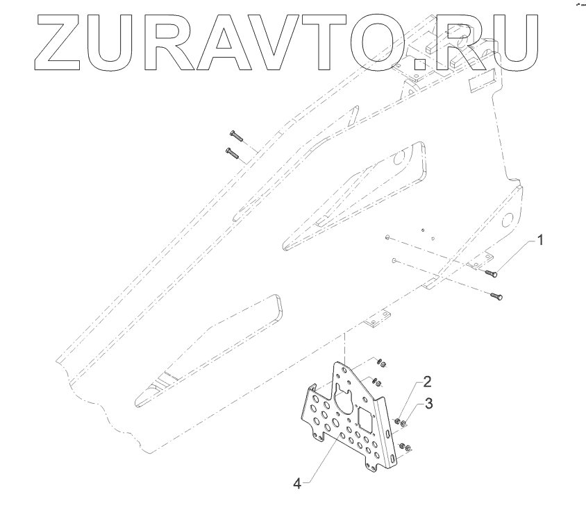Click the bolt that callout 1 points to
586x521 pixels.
tap(491, 273)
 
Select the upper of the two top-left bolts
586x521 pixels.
tap(233, 136)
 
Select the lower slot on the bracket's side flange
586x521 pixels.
tap(394, 458)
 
